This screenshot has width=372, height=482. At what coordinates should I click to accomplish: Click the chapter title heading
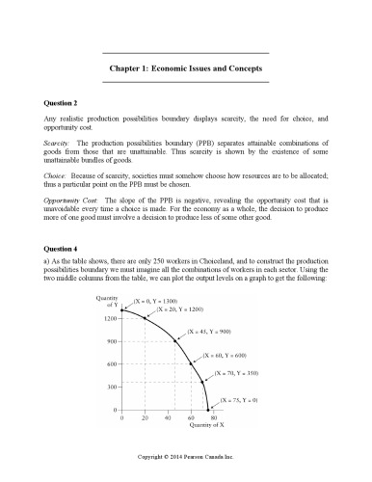tap(185, 70)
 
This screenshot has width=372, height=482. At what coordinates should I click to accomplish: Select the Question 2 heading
tap(65, 101)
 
